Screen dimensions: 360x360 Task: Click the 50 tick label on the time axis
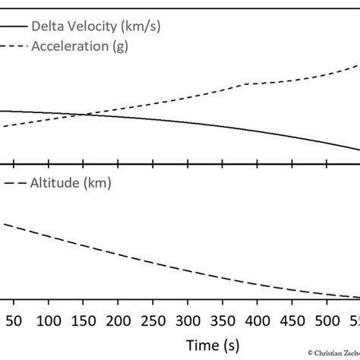pos(14,319)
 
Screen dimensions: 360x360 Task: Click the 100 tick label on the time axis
pos(49,319)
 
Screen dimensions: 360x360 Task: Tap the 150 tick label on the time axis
pos(84,319)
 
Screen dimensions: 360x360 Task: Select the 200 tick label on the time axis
pos(118,319)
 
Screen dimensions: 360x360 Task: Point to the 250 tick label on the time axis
pos(153,319)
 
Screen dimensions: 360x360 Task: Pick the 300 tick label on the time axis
pos(188,319)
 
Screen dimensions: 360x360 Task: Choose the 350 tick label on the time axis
pos(223,319)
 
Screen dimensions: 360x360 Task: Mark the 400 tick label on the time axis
pos(257,319)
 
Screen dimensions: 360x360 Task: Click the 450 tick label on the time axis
pos(292,319)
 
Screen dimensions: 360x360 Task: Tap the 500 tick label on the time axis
pos(327,319)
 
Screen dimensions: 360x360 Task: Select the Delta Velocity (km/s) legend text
pos(96,27)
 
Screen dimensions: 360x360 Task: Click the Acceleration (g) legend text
pos(81,46)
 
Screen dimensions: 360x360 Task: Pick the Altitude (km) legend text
pos(71,183)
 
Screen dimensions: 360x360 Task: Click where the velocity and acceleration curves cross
pos(81,115)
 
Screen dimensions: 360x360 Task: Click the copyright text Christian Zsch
pos(334,352)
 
